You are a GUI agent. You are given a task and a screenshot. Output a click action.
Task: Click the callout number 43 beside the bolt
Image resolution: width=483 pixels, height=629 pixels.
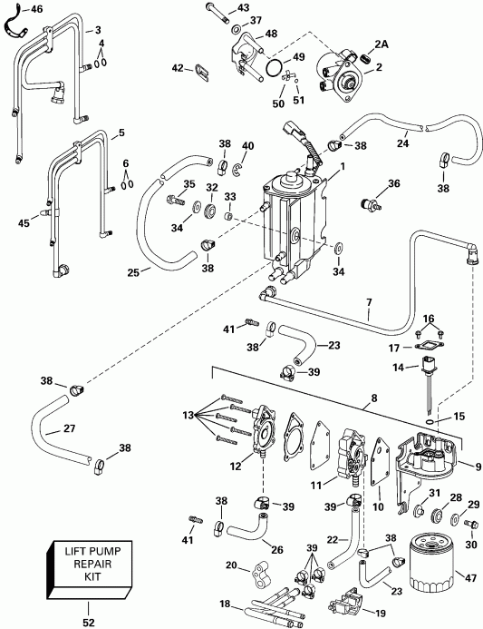(242, 7)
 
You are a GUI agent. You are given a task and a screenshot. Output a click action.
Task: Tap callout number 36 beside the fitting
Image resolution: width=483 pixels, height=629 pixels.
(394, 184)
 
